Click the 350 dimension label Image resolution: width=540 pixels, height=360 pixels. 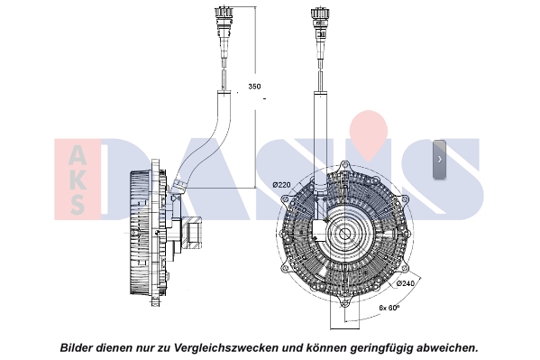(x=254, y=87)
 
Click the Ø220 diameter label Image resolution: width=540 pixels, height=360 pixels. (x=281, y=185)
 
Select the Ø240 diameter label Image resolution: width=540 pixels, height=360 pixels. (x=406, y=283)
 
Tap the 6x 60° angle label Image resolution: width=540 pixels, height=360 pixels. (x=389, y=308)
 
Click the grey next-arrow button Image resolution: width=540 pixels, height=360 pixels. (x=439, y=160)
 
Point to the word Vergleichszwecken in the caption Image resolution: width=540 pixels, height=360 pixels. (x=226, y=347)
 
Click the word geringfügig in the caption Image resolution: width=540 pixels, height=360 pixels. (x=382, y=348)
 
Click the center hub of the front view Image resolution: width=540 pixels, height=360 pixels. (x=343, y=235)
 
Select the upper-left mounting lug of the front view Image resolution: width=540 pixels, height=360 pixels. (x=285, y=200)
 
